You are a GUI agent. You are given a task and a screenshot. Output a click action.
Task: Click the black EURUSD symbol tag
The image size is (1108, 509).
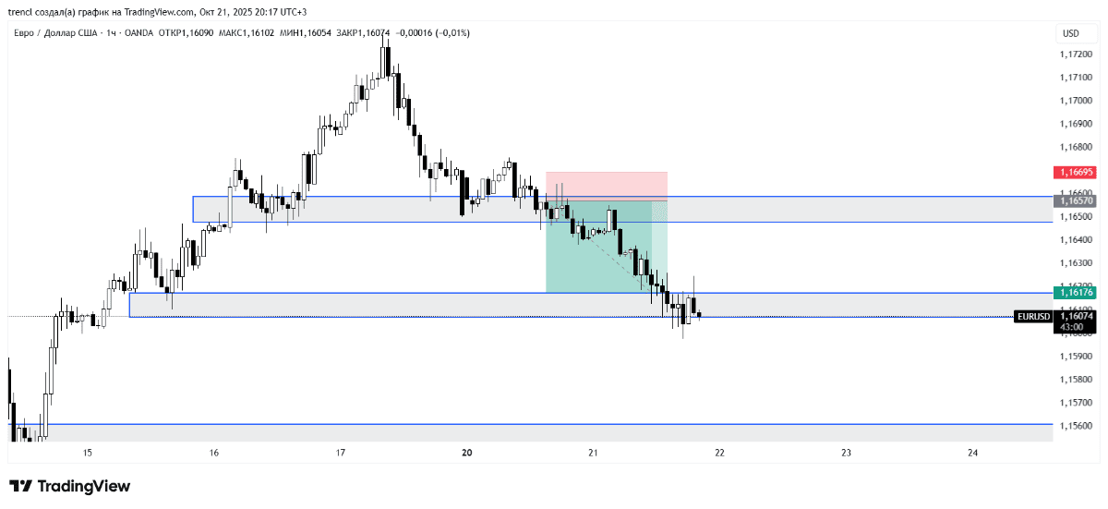[x=1032, y=316]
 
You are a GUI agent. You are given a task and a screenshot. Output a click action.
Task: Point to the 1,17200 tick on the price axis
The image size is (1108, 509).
[x=1075, y=55]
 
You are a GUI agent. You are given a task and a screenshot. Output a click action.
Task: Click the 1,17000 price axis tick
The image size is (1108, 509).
[x=1075, y=101]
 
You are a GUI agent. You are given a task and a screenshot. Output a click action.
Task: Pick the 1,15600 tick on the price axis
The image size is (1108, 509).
[x=1075, y=426]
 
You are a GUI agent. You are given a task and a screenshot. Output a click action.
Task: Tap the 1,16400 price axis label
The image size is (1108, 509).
[x=1075, y=240]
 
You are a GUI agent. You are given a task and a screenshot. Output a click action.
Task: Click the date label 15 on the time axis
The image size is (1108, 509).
[x=88, y=453]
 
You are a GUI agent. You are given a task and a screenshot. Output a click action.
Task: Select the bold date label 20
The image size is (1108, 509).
[x=466, y=453]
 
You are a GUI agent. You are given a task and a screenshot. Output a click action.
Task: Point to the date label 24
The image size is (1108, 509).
[x=972, y=453]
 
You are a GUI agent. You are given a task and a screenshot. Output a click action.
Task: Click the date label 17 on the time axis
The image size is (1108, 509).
[x=340, y=453]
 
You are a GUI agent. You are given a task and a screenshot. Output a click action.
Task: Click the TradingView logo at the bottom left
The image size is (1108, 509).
[x=69, y=486]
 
